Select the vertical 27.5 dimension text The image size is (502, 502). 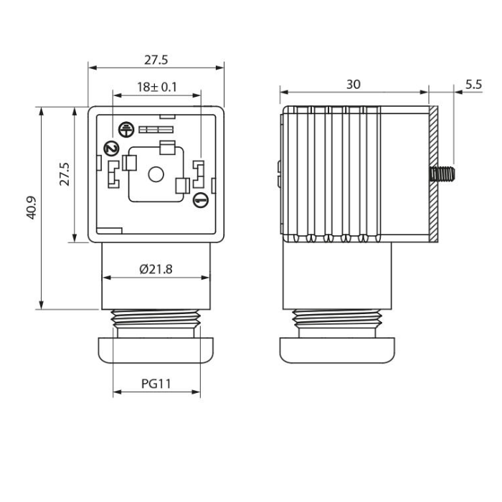(x=65, y=174)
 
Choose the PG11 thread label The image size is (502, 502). (x=156, y=384)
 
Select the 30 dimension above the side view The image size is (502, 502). (x=353, y=85)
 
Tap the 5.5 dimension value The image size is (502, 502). (x=473, y=84)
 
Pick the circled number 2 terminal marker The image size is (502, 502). (x=110, y=148)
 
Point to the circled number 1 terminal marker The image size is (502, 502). (x=201, y=202)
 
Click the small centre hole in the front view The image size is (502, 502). (x=155, y=174)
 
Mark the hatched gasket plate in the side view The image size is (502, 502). (x=433, y=174)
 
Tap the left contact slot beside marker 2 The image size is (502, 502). (x=112, y=174)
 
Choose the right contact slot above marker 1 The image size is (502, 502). (x=199, y=173)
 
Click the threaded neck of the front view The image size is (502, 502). (x=156, y=319)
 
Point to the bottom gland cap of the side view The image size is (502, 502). (x=337, y=350)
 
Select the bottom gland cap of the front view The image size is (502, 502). (x=156, y=350)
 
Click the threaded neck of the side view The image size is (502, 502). (x=337, y=319)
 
